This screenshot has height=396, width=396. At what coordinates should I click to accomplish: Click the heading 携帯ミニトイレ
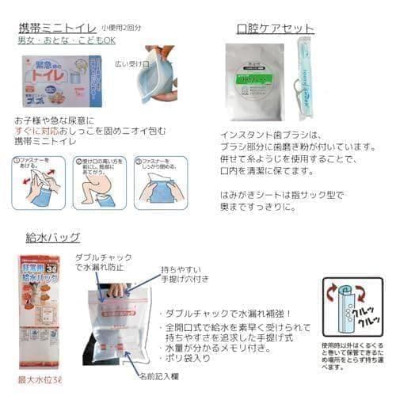[x=56, y=28]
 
